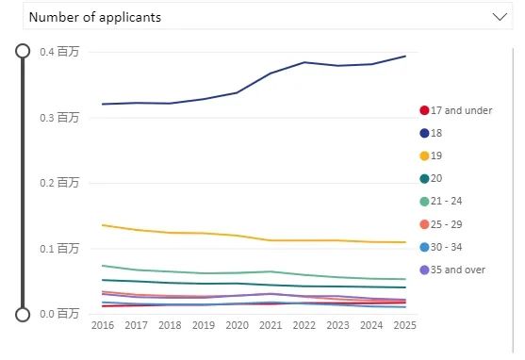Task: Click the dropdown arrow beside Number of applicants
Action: pyautogui.click(x=499, y=17)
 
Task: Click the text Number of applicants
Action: pyautogui.click(x=94, y=17)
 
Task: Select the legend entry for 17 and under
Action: pyautogui.click(x=456, y=110)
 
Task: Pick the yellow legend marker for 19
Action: pyautogui.click(x=424, y=155)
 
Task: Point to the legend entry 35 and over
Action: pyautogui.click(x=451, y=270)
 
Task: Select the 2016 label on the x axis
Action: pyautogui.click(x=102, y=325)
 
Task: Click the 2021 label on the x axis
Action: pyautogui.click(x=271, y=325)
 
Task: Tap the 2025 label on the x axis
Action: pyautogui.click(x=405, y=325)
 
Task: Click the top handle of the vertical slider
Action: pyautogui.click(x=24, y=51)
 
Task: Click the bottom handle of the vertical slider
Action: pyautogui.click(x=24, y=313)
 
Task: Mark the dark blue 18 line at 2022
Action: pyautogui.click(x=304, y=62)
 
